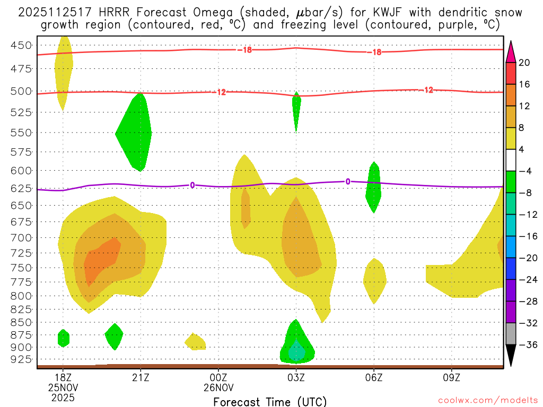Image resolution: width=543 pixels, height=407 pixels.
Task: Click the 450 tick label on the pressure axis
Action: (21, 46)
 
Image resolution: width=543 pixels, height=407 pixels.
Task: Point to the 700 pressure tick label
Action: (21, 237)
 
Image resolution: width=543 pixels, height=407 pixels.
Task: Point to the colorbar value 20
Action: (524, 63)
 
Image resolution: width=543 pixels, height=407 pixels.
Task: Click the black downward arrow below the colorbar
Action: (511, 356)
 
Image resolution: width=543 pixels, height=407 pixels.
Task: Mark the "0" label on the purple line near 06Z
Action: (348, 181)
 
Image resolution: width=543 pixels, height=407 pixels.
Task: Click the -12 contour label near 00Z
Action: (221, 92)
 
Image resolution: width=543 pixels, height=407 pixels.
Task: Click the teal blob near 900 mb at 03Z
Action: (297, 351)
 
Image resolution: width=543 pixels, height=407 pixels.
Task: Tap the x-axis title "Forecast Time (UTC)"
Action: (270, 401)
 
